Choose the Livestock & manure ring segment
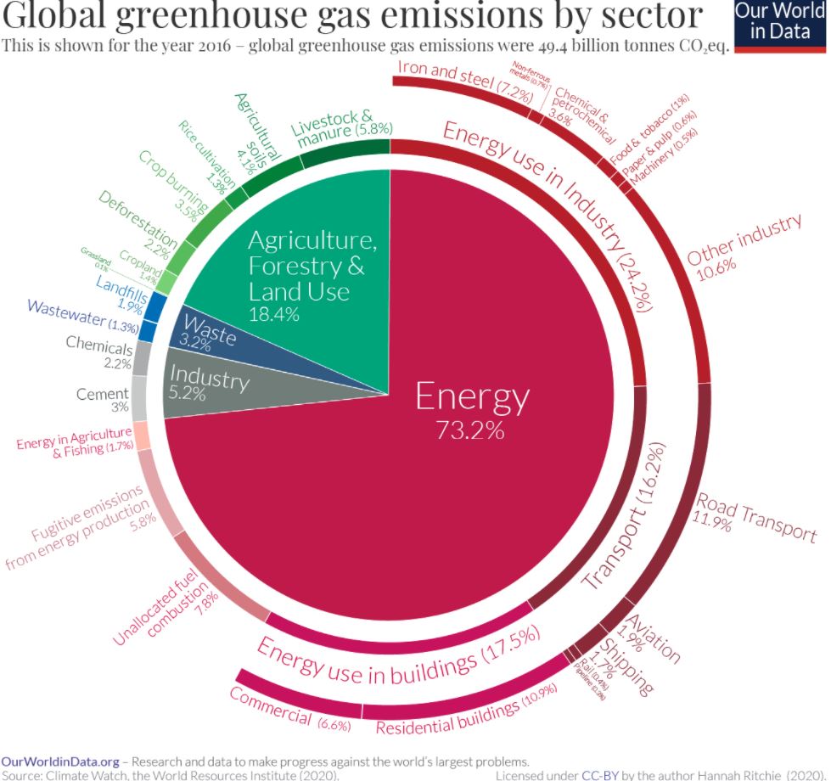344,153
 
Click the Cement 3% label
103,400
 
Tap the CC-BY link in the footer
592,774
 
